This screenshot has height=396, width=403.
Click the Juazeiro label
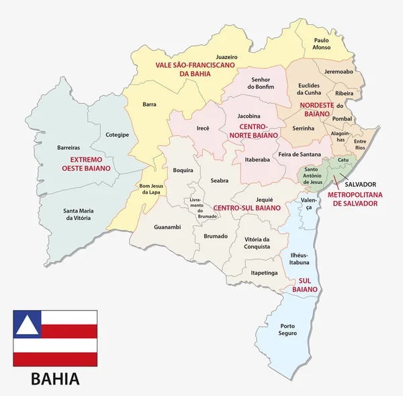click(x=227, y=56)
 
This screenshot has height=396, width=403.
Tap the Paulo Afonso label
click(x=321, y=44)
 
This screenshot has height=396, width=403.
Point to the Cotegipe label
click(x=117, y=134)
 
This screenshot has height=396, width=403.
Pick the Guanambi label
click(x=167, y=227)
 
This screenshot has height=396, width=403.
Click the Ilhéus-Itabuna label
click(x=299, y=259)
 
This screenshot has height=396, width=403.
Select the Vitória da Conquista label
click(x=257, y=243)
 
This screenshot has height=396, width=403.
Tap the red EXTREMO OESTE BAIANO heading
click(x=76, y=164)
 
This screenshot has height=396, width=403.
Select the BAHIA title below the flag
click(x=55, y=379)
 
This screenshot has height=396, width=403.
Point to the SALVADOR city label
click(x=360, y=184)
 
